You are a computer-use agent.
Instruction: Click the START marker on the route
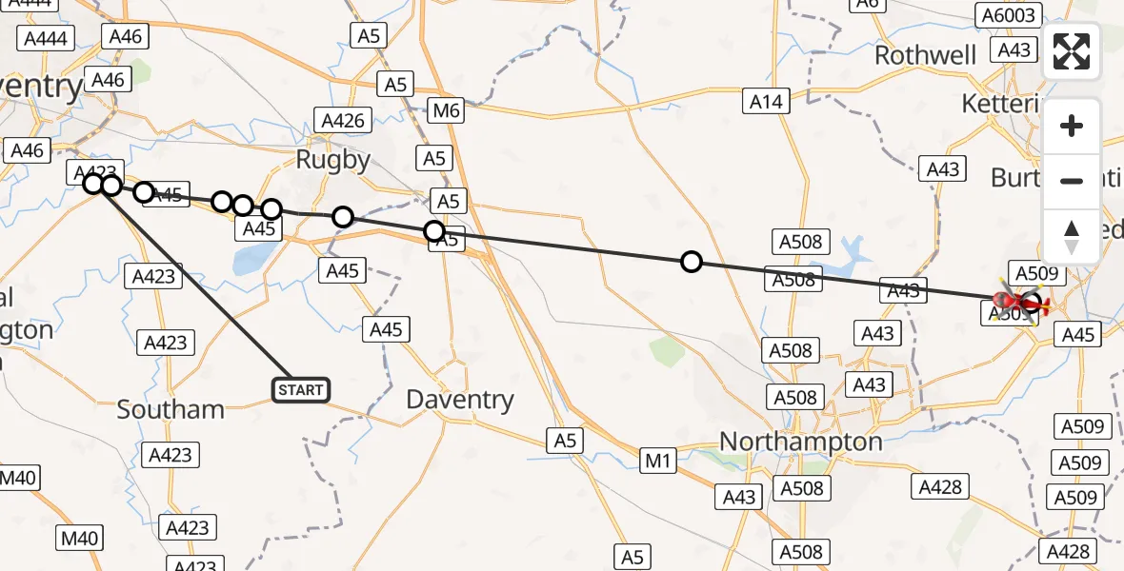click(301, 389)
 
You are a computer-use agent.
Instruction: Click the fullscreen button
click(1072, 51)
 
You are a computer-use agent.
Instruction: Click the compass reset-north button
click(1072, 237)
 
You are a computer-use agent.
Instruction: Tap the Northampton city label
click(800, 442)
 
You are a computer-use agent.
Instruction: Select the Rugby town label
click(332, 160)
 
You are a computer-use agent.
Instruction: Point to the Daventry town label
click(460, 400)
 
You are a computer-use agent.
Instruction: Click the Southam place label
click(171, 410)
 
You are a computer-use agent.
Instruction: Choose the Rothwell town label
click(925, 55)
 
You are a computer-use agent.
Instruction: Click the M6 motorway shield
click(445, 110)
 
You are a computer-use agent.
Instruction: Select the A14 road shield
click(766, 101)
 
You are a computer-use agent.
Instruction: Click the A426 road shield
click(342, 121)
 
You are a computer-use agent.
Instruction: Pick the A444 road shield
click(44, 38)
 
